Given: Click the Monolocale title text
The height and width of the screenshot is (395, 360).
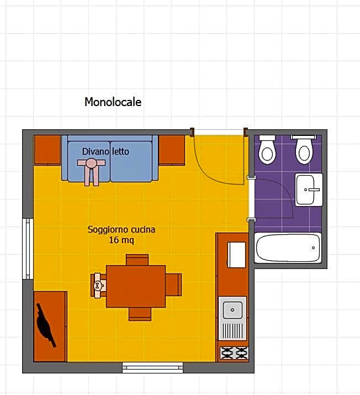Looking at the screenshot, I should [113, 102].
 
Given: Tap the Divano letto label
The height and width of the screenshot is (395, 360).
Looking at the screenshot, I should [105, 151].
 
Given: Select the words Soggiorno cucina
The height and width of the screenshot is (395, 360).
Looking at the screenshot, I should [121, 229].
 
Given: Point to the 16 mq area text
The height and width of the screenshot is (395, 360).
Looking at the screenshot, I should [121, 240].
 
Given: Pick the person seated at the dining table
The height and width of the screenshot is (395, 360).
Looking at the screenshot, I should [99, 285].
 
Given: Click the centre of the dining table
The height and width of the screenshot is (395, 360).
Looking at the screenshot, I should [136, 286].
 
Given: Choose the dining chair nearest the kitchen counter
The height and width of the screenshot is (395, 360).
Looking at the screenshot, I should [173, 285].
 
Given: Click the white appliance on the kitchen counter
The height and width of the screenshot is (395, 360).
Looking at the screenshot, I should [237, 254].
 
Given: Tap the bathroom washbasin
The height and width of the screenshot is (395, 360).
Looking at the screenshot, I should [308, 189].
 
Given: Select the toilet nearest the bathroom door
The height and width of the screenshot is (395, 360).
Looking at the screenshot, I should [267, 150].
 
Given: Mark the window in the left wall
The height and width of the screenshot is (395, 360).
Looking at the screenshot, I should [28, 248].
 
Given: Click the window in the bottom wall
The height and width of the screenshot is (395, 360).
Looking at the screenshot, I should [152, 367].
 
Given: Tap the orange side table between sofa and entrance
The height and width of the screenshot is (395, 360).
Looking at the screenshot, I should [172, 149].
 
